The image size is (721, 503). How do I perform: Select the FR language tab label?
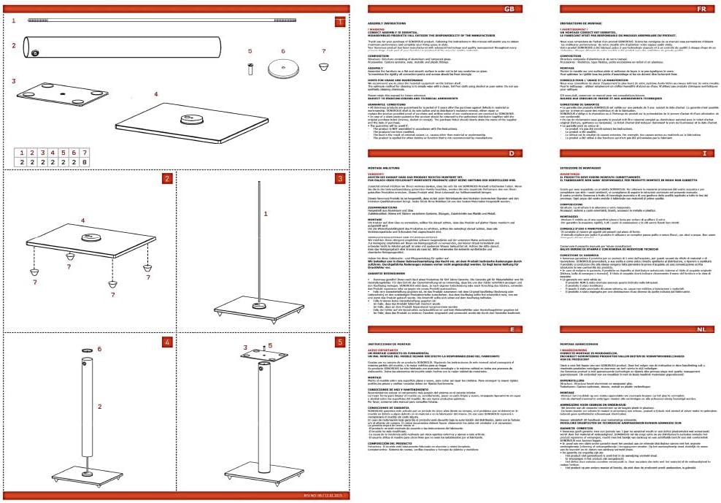click(x=701, y=9)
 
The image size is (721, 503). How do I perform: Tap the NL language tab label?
click(x=701, y=330)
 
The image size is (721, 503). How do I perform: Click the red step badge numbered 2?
click(x=167, y=179)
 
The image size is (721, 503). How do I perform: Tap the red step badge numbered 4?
click(x=167, y=342)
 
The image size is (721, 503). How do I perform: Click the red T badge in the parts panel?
click(x=339, y=21)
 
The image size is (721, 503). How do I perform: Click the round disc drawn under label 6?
click(x=283, y=73)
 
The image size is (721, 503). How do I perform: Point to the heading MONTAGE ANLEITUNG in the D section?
click(x=385, y=166)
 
